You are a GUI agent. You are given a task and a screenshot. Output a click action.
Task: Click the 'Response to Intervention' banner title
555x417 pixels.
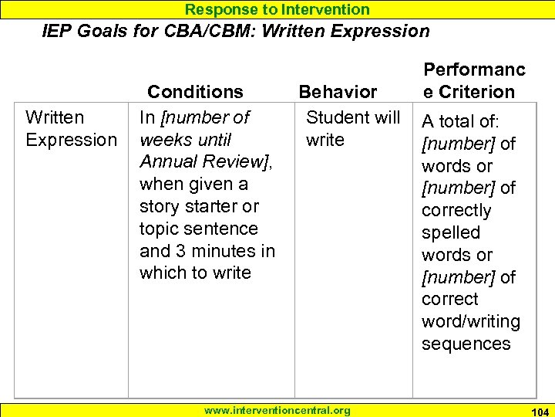point(277,9)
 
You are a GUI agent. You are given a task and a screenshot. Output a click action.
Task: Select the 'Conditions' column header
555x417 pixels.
point(195,92)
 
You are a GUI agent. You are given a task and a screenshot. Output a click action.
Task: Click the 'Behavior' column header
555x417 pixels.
point(338,92)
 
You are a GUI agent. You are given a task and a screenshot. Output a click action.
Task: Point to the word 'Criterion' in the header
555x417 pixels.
point(476,92)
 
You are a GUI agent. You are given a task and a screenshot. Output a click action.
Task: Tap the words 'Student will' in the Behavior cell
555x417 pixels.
point(353,117)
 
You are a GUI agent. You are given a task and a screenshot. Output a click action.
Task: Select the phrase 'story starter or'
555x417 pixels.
point(199,206)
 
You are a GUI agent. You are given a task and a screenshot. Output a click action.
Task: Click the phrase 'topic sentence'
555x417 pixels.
point(199,229)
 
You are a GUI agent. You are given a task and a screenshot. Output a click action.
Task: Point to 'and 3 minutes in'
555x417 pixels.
point(207,251)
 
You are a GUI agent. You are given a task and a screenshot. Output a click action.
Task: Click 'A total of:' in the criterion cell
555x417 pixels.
point(460,121)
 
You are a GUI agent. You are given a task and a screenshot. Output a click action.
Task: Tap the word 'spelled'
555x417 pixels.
point(451,232)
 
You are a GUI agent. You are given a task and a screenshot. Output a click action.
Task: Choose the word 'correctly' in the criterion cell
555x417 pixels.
point(456,210)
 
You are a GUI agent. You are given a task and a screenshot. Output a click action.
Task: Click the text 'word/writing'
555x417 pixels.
point(471,321)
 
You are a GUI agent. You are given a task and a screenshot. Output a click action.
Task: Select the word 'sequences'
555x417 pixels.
point(466,344)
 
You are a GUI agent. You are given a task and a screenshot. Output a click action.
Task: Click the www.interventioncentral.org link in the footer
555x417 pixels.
point(277,410)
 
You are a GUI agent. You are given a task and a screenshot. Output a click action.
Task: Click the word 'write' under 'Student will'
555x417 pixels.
point(325,140)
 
